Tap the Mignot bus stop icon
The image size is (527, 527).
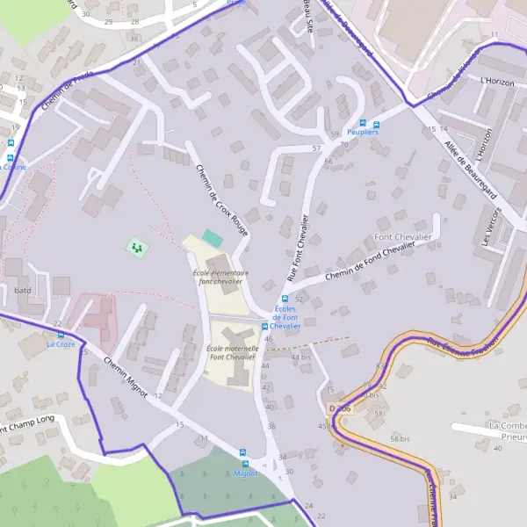click(x=245, y=463)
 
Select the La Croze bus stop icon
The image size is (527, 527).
click(x=61, y=335)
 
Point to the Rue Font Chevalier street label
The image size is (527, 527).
click(x=297, y=248)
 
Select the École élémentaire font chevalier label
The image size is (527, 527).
click(x=220, y=277)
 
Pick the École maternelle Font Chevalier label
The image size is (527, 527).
click(x=231, y=352)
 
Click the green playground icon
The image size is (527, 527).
click(x=135, y=249)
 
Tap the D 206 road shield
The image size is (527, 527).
click(x=340, y=408)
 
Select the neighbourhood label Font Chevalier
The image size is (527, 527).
click(x=402, y=237)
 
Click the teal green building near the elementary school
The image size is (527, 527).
click(x=213, y=237)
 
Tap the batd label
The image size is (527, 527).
click(x=23, y=289)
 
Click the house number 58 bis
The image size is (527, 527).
click(x=401, y=437)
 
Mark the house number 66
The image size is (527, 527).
click(x=328, y=161)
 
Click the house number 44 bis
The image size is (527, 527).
click(x=301, y=357)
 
